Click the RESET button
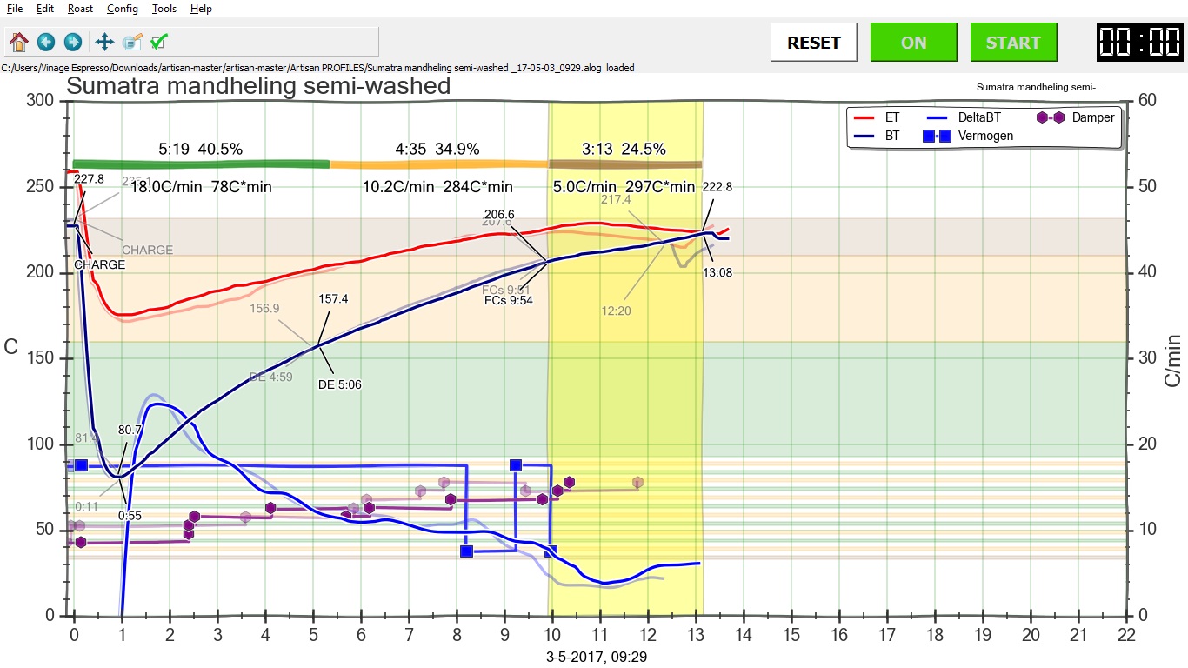814,43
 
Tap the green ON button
913,43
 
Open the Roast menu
80,9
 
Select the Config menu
123,9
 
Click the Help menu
201,9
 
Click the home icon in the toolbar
19,42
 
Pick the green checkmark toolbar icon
158,42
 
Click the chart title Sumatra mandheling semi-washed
258,86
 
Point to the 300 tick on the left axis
42,101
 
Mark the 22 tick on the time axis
1126,636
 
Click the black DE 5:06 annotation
341,384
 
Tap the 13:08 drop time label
717,272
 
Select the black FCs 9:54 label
509,300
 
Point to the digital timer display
1139,43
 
